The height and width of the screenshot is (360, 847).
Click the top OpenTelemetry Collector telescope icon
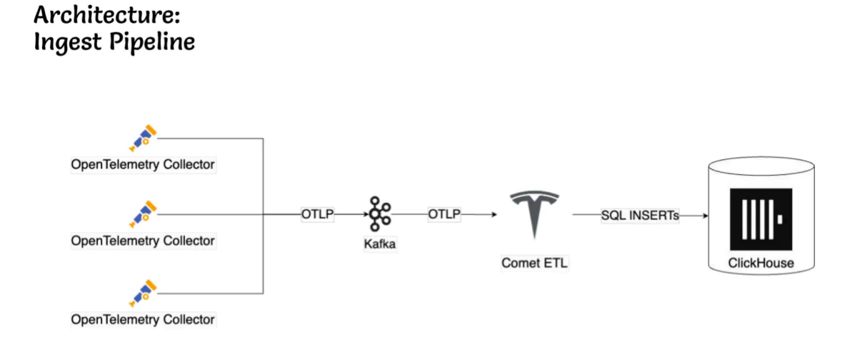click(143, 138)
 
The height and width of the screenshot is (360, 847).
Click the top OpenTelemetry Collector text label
click(143, 164)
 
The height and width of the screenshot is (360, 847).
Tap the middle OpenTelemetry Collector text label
click(143, 241)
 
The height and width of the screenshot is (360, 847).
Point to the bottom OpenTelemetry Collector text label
click(143, 319)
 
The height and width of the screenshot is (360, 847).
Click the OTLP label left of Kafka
click(317, 214)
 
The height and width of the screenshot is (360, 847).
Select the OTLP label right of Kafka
click(444, 214)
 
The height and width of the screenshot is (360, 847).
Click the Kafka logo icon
click(379, 214)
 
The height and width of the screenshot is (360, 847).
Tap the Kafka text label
click(379, 245)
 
